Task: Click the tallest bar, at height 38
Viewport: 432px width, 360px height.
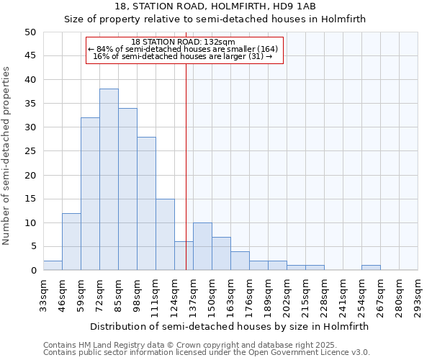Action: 109,179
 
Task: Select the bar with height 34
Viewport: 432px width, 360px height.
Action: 127,189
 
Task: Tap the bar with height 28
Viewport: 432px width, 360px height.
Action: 146,203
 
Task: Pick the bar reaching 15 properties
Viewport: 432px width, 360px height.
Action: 165,234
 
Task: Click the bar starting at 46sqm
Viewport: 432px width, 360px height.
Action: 71,241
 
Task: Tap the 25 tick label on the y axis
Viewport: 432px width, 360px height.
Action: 30,151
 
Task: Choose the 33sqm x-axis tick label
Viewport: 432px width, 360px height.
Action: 44,294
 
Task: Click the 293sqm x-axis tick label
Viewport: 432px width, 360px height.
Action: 418,294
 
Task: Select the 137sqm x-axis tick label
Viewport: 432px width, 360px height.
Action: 194,294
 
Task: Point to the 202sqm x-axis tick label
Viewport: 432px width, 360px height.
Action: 287,294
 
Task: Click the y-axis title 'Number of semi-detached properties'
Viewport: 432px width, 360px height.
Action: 7,155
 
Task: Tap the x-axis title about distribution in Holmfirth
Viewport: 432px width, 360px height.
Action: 230,326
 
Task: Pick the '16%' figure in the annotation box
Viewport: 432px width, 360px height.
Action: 101,56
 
